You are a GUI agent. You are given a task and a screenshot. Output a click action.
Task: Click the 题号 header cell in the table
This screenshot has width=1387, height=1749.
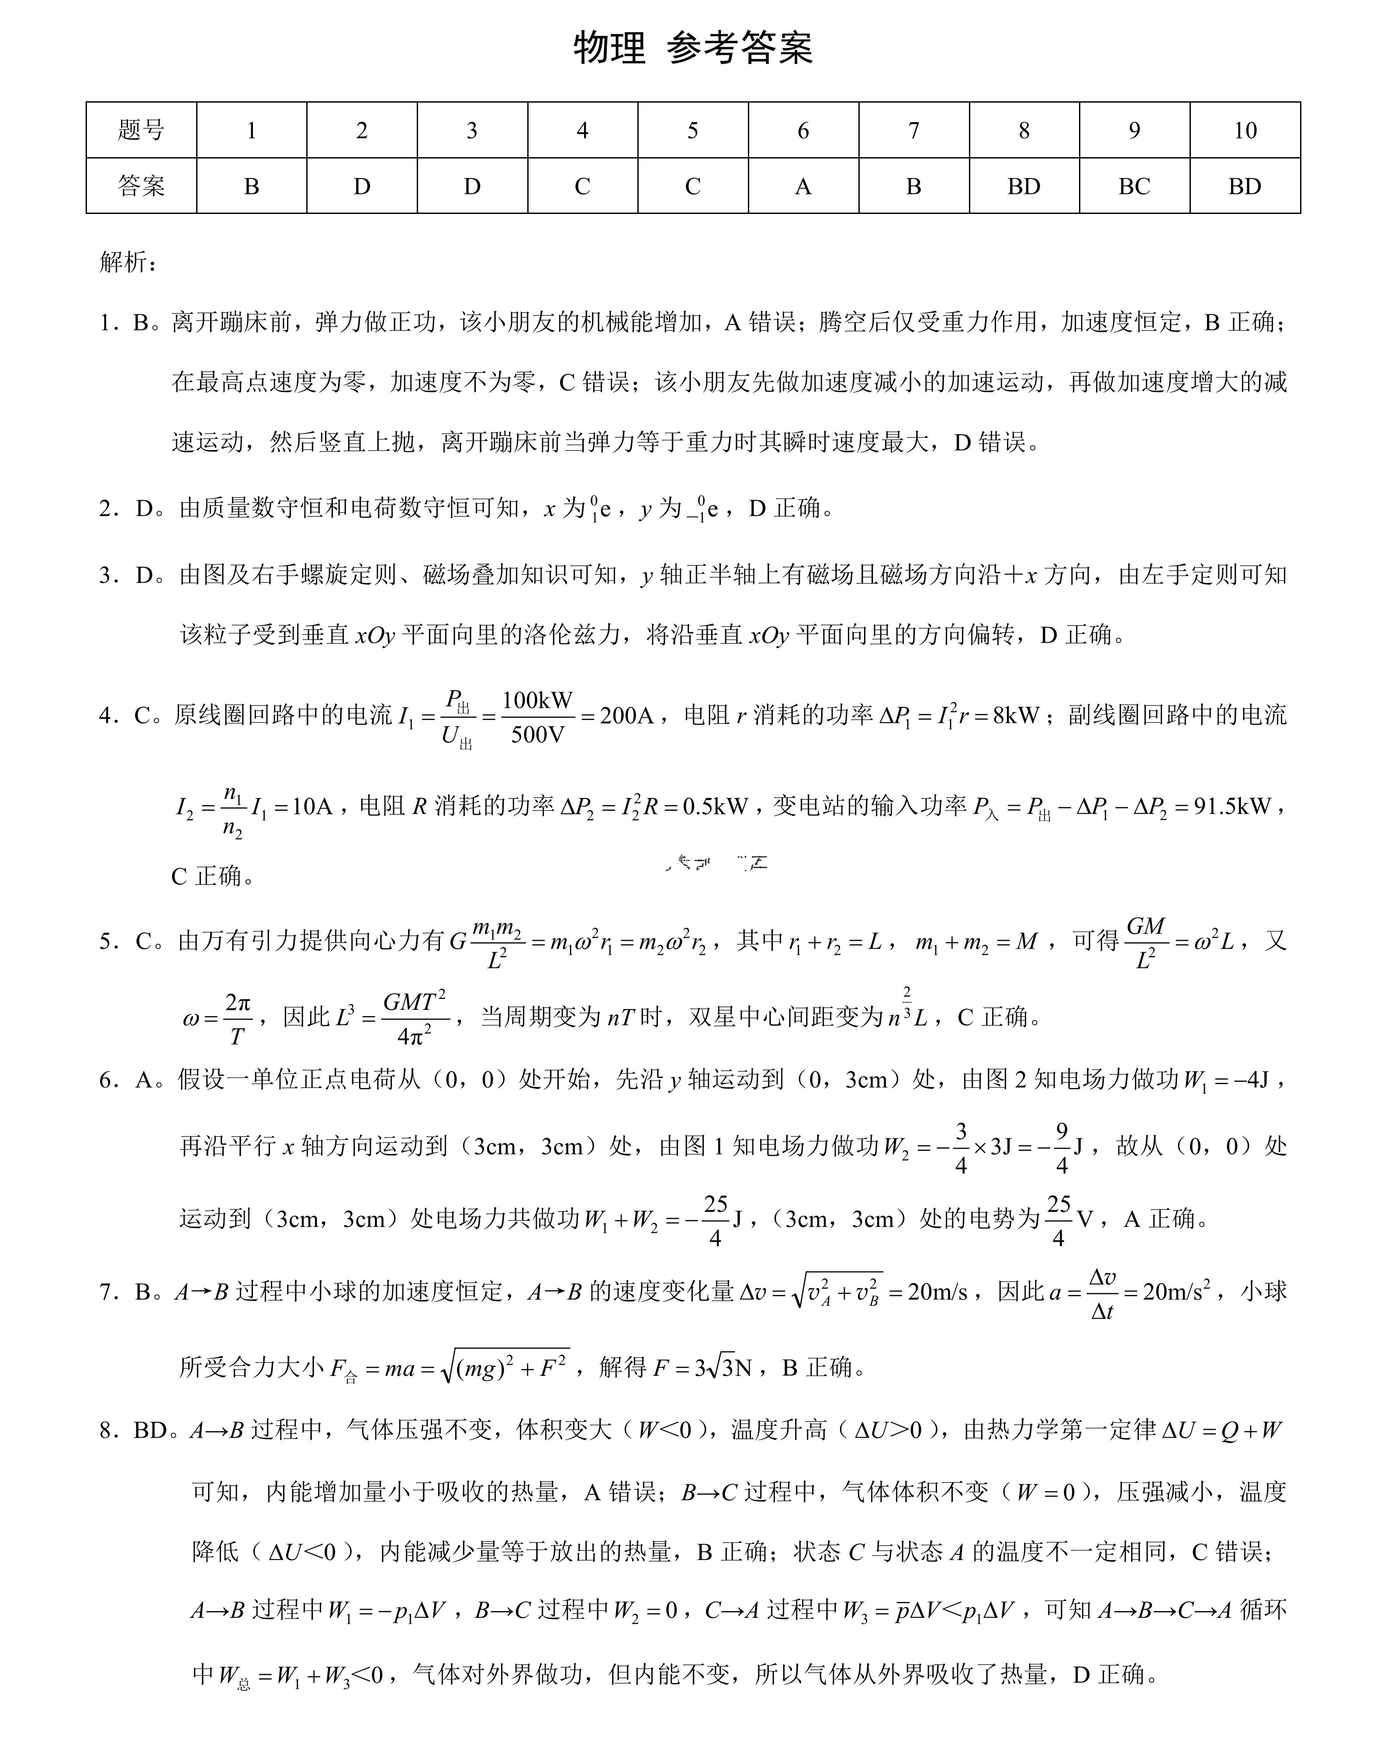[x=141, y=130]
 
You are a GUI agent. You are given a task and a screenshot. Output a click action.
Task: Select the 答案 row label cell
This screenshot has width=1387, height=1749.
[x=141, y=186]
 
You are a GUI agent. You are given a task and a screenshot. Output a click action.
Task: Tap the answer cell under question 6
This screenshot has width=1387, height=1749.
[x=802, y=186]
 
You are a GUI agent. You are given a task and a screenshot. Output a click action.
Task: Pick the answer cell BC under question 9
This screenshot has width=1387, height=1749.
[x=1134, y=186]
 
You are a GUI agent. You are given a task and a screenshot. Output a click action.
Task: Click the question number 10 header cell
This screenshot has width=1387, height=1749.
[x=1244, y=130]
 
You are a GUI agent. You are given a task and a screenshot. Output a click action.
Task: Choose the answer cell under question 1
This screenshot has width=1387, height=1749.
[x=252, y=186]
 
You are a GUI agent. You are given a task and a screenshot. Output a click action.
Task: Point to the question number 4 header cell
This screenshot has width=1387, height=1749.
[x=582, y=130]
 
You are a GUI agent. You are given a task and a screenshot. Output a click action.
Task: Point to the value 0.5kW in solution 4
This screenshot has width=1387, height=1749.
[x=714, y=806]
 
